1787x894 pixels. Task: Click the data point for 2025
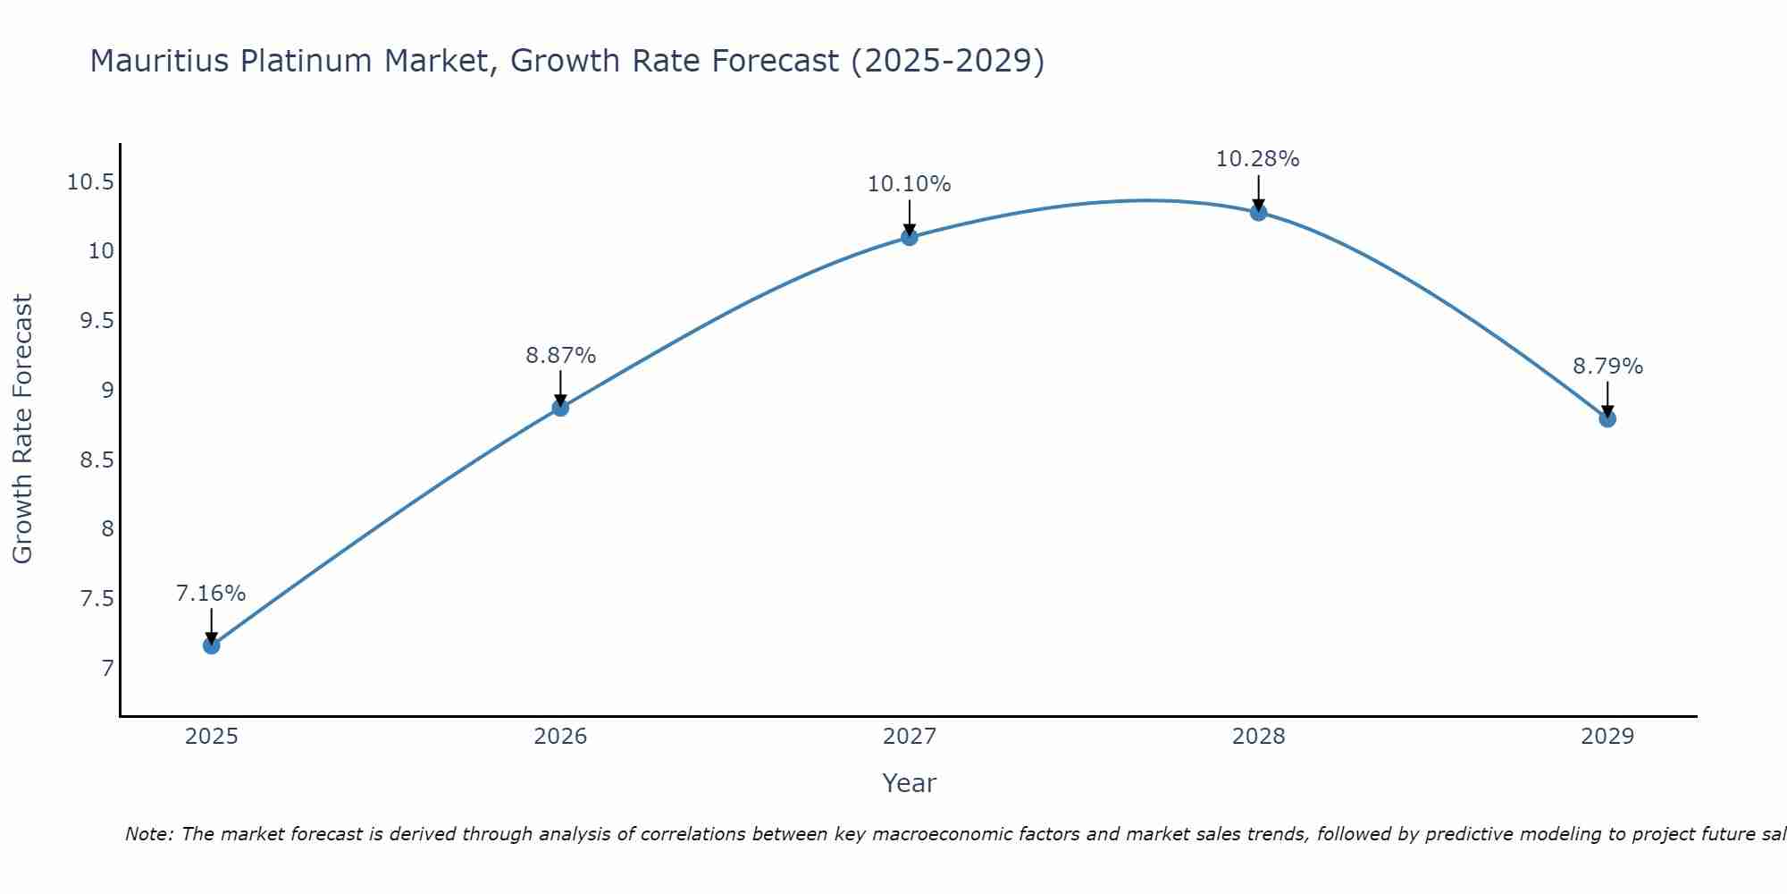(212, 645)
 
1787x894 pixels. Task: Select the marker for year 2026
(560, 408)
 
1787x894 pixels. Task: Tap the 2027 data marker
(910, 237)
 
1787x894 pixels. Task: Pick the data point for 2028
(1258, 212)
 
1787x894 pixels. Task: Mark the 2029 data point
(1607, 418)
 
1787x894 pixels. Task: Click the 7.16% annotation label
(211, 594)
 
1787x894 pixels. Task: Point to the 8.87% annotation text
(560, 356)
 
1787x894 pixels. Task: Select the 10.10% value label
(910, 184)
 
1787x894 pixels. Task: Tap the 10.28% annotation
(1258, 159)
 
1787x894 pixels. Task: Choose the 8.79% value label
(1607, 367)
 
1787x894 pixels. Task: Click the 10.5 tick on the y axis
(90, 182)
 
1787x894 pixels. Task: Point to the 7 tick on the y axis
(107, 668)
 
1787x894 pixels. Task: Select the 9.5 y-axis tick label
(96, 321)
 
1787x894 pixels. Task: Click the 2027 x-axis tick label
(910, 737)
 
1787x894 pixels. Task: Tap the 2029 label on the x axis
(1607, 737)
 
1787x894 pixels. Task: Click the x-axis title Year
(910, 783)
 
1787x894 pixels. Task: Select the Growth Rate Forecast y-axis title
(22, 429)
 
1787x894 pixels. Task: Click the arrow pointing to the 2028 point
(1258, 191)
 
